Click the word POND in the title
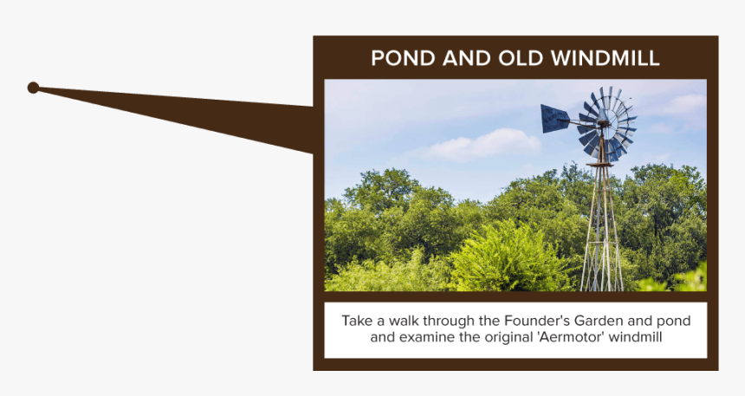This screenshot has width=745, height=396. tap(403, 58)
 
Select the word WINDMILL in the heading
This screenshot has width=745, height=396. tap(606, 58)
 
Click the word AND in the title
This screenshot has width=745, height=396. tap(467, 58)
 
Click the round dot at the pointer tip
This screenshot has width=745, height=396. tap(33, 88)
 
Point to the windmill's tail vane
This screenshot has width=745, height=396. tap(554, 119)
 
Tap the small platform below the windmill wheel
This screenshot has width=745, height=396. tap(599, 165)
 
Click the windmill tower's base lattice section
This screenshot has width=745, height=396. tap(601, 266)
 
